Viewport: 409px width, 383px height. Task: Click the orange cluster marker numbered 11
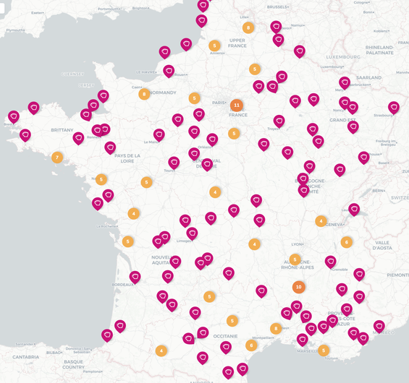236,105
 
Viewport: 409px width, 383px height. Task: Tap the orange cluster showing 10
298,286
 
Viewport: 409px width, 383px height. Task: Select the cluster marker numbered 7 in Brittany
57,158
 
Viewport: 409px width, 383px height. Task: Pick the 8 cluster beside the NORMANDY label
145,94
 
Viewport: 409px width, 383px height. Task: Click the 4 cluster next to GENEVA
321,221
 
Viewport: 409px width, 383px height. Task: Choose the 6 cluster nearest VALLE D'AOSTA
347,242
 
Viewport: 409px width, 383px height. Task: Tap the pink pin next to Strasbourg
393,107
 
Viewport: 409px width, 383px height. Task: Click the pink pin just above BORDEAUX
135,276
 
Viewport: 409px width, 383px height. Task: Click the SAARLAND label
368,77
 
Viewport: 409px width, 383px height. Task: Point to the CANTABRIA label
25,356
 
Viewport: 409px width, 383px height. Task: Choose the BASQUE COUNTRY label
74,364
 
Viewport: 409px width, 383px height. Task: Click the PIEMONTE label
397,275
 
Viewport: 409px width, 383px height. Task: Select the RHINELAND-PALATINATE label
379,50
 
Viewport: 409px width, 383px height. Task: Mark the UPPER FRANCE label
237,43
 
